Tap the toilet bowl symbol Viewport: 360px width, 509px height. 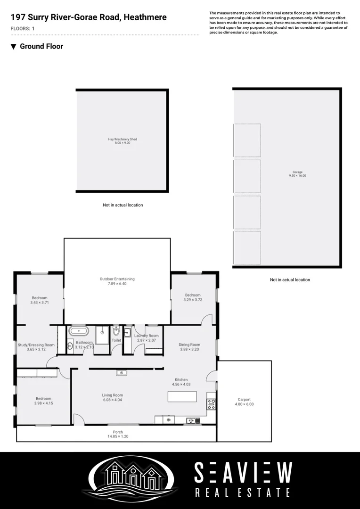point(116,331)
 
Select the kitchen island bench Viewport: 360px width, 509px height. point(182,396)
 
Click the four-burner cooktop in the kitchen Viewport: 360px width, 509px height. point(212,404)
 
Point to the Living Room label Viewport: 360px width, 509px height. point(113,395)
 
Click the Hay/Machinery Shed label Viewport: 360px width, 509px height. point(122,140)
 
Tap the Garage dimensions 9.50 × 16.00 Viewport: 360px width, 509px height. point(297,176)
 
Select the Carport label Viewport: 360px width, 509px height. point(244,399)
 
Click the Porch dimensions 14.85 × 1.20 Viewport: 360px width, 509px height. point(118,437)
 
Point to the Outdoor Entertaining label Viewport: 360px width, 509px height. point(117,279)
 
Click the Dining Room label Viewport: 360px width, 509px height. point(189,345)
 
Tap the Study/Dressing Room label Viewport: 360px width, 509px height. point(36,345)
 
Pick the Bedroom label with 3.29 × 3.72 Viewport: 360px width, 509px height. point(193,295)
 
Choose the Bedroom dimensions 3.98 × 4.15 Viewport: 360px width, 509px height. point(43,403)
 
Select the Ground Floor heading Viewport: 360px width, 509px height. point(41,46)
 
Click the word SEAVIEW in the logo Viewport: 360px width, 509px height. point(243,473)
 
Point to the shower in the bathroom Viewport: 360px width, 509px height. point(102,335)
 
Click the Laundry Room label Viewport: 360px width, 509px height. point(146,336)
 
